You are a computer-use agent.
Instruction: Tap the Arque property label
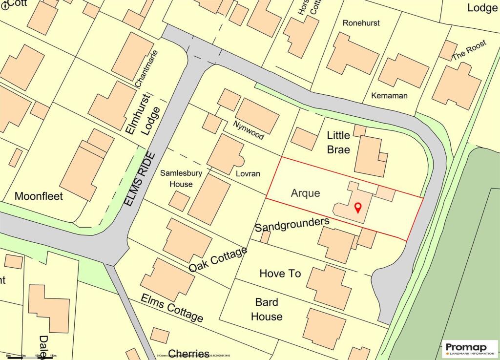click(306, 193)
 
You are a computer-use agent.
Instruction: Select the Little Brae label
click(338, 142)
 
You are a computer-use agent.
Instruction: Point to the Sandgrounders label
click(292, 225)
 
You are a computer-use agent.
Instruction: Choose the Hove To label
click(280, 274)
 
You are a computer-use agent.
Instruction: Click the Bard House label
click(267, 309)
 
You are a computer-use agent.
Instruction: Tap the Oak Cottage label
click(218, 260)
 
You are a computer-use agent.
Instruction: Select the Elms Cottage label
click(172, 308)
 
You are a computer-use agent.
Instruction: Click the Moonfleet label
click(39, 196)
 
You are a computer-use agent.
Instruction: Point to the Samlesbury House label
click(176, 178)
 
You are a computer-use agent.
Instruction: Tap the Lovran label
click(247, 174)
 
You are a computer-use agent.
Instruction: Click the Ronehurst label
click(361, 23)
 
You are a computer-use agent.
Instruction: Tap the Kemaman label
click(389, 96)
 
